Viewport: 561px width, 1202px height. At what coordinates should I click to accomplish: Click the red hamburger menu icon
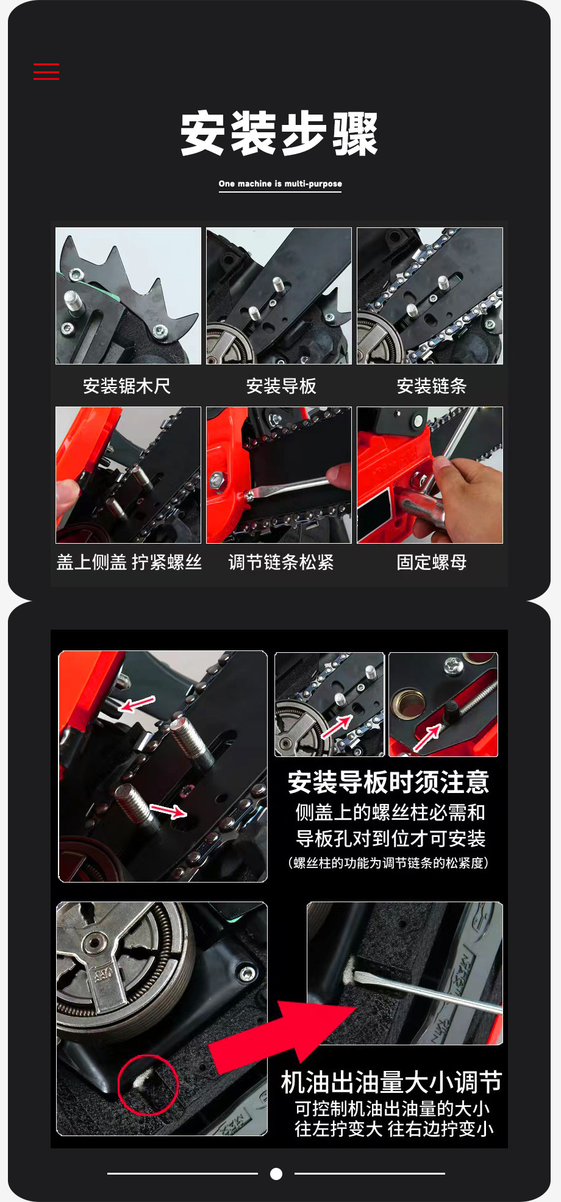coord(46,71)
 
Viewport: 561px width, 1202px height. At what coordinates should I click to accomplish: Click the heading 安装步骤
coord(280,133)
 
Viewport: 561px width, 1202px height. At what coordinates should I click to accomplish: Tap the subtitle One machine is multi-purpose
coord(280,183)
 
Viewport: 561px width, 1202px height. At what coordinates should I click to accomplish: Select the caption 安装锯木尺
coord(127,386)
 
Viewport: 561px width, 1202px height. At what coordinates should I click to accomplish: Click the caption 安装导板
coord(281,386)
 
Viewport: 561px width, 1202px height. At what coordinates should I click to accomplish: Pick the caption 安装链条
coord(432,386)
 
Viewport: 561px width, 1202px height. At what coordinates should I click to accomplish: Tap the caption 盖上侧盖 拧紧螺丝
coord(129,562)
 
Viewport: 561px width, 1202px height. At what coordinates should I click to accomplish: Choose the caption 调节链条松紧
coord(281,562)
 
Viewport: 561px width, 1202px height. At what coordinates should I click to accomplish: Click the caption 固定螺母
coord(432,562)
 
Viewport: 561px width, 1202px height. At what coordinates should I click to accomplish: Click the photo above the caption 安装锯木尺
coord(128,296)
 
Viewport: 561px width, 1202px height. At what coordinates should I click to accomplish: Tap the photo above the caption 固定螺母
coord(430,475)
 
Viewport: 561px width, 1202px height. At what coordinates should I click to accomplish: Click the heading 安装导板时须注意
coord(388,782)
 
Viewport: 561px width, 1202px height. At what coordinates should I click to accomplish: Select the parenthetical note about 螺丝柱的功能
coord(388,863)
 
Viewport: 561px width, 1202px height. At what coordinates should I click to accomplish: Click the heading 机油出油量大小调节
coord(391,1082)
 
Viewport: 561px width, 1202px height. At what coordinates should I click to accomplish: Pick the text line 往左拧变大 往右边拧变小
coord(394,1129)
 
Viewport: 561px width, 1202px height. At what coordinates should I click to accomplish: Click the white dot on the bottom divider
coord(276,1173)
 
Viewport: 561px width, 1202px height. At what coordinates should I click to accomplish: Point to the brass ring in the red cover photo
coord(409,703)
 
